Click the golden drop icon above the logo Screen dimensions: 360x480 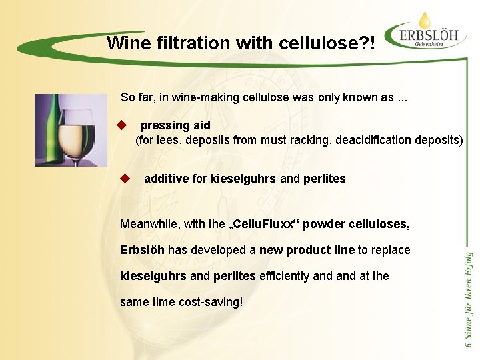[x=425, y=19]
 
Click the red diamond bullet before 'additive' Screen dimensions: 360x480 [x=124, y=178]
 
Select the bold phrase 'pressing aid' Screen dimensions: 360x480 [x=175, y=125]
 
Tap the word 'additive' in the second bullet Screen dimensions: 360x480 [x=166, y=179]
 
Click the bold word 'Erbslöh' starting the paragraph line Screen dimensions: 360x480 [x=142, y=250]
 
